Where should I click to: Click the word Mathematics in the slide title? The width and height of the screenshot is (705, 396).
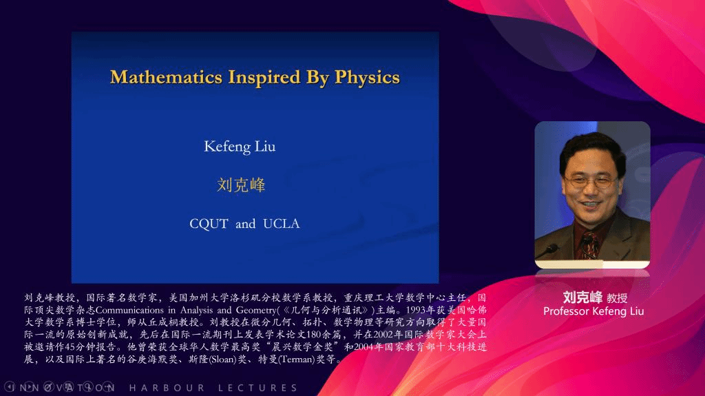click(166, 77)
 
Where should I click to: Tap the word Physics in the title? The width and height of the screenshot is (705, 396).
click(367, 78)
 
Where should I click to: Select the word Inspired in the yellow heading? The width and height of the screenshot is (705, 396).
click(264, 78)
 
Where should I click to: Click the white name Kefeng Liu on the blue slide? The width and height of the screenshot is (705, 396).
click(240, 147)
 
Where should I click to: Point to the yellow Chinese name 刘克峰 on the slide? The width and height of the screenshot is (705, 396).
click(241, 185)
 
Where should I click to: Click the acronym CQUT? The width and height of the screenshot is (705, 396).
click(209, 224)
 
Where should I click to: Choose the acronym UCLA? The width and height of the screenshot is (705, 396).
click(282, 224)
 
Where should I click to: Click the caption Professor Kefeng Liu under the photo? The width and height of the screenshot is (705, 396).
click(593, 311)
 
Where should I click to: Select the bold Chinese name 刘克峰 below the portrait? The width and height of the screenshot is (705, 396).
click(582, 298)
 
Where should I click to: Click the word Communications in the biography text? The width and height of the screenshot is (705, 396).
click(129, 310)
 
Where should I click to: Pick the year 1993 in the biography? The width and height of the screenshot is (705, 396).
click(415, 310)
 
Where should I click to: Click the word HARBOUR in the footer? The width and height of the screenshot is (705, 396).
click(167, 388)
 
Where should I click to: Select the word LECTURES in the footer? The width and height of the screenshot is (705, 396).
click(258, 388)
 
